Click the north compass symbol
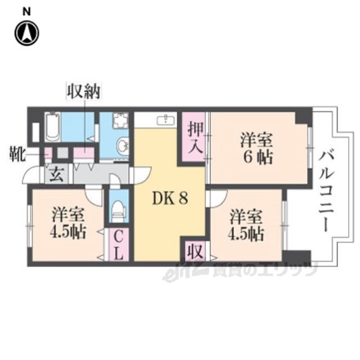(27, 34)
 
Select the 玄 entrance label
(56, 174)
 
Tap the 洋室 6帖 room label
(257, 147)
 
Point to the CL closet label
(117, 246)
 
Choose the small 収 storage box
(193, 249)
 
